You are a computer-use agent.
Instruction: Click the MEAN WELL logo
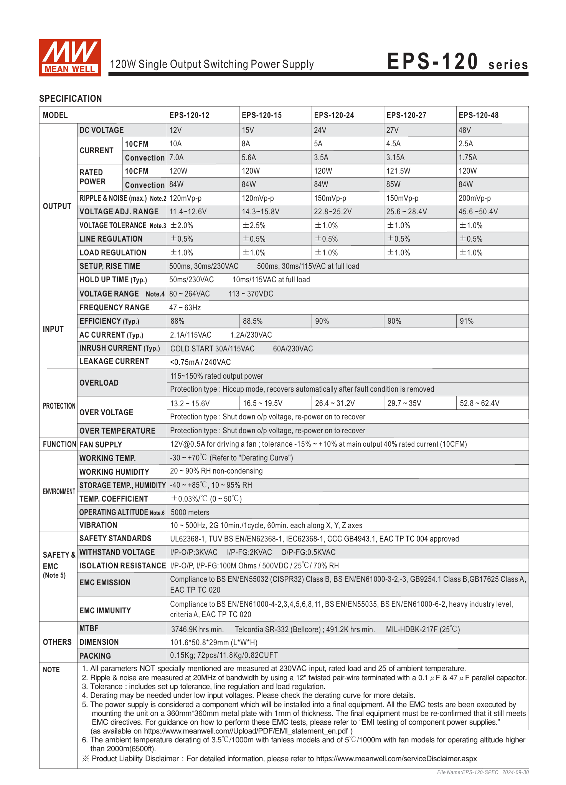coord(70,58)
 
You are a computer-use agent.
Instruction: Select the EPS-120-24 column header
coord(334,115)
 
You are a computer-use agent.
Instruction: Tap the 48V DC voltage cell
coord(465,130)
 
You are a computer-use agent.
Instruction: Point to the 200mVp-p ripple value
coord(474,198)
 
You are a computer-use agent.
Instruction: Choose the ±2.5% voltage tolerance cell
coord(254,225)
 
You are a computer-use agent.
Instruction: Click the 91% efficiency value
coord(467,321)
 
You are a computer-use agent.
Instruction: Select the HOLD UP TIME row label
coord(113,280)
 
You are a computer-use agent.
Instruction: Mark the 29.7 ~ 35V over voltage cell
coord(404,403)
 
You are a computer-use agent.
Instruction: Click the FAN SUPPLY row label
coord(101,444)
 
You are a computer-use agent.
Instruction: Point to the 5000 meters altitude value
coord(190,512)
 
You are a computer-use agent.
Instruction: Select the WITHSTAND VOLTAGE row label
coord(117,552)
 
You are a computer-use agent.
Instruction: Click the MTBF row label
coord(89,628)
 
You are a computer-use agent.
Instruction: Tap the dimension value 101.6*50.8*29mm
coord(214,643)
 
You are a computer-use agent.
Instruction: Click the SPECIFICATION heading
coord(71,99)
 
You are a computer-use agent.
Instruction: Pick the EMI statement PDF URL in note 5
coord(246,731)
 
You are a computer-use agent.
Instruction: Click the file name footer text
coord(483,772)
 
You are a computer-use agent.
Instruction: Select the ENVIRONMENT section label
coord(59,492)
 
